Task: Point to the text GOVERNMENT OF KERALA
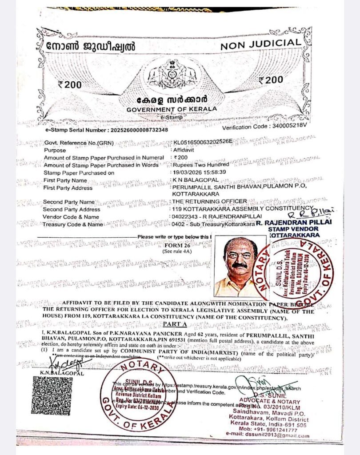click(x=172, y=109)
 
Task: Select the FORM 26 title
click(x=177, y=245)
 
